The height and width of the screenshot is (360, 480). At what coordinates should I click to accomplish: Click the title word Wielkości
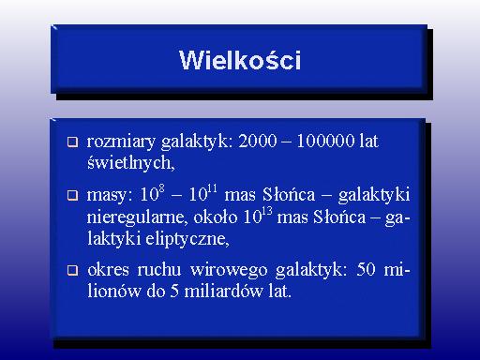pos(240,60)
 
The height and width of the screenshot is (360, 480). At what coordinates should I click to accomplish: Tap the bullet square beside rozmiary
pos(72,142)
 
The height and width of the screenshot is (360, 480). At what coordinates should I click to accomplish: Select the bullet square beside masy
pos(72,195)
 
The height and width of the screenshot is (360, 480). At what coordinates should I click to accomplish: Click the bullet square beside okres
pos(72,270)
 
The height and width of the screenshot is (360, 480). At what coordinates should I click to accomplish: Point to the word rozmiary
pos(121,142)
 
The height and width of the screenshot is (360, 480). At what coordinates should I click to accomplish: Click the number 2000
pos(258,141)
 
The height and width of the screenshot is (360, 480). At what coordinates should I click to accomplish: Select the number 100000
pos(325,141)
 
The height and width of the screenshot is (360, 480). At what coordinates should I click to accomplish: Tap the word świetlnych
pos(130,163)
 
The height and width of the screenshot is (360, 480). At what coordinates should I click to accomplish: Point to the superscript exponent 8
pos(161,188)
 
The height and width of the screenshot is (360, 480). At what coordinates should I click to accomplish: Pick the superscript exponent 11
pos(212,188)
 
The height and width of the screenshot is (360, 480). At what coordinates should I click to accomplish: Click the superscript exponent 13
pos(267,211)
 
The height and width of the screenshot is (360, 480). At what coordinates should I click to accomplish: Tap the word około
pos(216,217)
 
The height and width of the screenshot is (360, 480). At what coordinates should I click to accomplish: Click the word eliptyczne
pos(187,239)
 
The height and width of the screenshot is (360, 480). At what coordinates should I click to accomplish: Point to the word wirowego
pos(229,270)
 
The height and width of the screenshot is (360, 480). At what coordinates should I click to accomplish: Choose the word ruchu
pos(159,269)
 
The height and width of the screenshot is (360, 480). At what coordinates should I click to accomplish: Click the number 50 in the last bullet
pos(366,269)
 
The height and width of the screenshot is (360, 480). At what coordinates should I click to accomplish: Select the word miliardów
pos(224,292)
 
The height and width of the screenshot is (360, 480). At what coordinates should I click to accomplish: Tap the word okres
pos(108,269)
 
